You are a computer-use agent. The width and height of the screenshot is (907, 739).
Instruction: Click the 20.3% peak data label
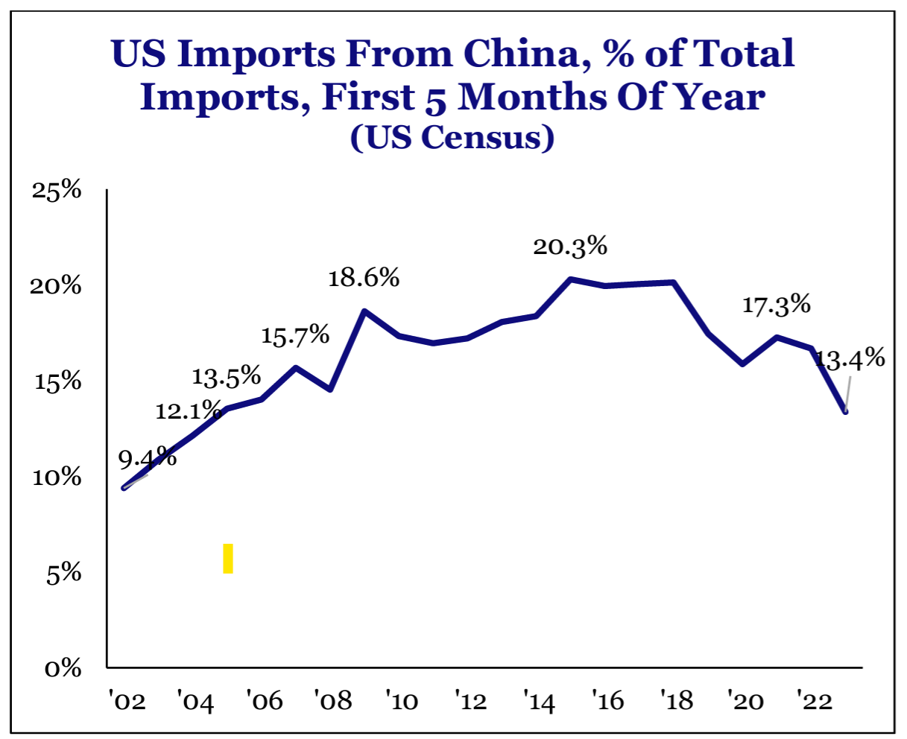coord(570,247)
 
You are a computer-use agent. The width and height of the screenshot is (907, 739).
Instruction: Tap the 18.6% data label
coord(364,278)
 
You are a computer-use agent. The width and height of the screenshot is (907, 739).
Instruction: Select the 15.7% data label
coord(295,335)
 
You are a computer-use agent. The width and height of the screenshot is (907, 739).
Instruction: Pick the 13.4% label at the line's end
coord(850,359)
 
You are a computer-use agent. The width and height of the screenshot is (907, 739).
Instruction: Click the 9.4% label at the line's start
coord(148,457)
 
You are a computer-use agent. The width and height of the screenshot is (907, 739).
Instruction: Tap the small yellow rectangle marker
coord(228,558)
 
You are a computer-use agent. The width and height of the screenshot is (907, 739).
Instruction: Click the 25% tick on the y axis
coord(57,191)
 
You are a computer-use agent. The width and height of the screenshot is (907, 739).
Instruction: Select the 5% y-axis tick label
coord(64,574)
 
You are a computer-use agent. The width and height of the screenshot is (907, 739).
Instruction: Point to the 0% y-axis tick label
coord(63,668)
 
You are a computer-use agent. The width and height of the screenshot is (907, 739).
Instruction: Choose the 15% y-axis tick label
coord(57,382)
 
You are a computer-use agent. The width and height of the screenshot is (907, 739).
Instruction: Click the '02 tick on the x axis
coord(126,701)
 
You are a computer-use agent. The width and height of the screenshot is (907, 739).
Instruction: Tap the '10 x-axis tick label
coord(400,701)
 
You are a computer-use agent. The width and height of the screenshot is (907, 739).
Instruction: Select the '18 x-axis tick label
coord(676,701)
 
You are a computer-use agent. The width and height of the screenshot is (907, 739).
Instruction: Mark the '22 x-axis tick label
coord(814,701)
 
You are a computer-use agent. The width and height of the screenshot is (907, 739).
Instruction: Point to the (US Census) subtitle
coord(452,138)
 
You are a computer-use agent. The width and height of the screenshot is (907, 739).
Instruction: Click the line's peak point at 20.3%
coord(570,279)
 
